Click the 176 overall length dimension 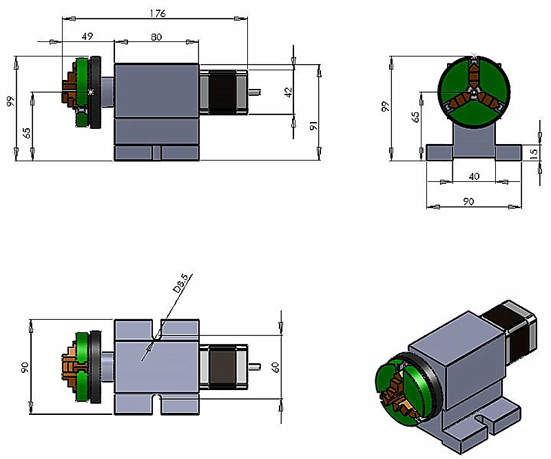pos(156,12)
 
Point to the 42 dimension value pos(289,90)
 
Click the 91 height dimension pos(314,125)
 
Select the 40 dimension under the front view pos(473,176)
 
